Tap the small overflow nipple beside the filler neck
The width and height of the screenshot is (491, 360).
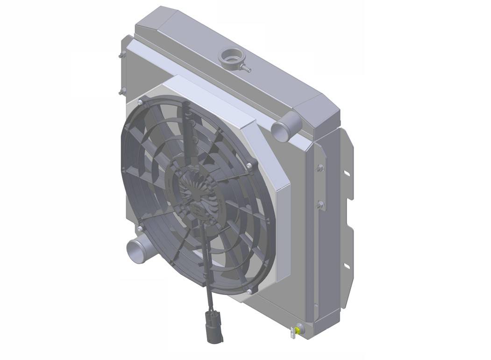click(x=246, y=69)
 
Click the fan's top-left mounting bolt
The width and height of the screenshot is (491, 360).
click(x=141, y=102)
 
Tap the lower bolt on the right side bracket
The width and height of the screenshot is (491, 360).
click(x=320, y=204)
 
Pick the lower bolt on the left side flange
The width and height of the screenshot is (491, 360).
click(x=121, y=92)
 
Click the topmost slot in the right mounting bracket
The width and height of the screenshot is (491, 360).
click(x=346, y=174)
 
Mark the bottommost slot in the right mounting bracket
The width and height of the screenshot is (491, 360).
click(x=346, y=266)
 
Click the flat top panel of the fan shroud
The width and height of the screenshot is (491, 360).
click(x=210, y=98)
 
